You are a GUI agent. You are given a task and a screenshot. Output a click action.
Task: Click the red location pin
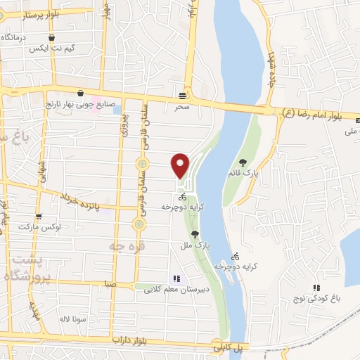(x=181, y=165)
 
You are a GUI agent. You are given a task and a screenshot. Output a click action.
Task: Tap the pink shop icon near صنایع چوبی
(x=81, y=94)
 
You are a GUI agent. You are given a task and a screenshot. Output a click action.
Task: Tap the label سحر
(x=183, y=107)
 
